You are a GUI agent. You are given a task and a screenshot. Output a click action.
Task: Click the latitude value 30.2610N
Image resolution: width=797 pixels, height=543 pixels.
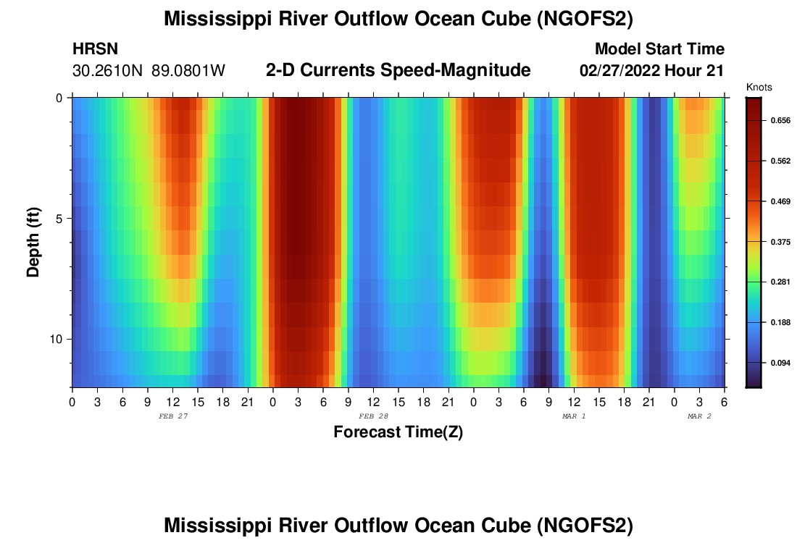109,71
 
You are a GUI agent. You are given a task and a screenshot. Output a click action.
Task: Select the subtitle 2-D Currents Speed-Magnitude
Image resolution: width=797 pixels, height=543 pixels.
398,70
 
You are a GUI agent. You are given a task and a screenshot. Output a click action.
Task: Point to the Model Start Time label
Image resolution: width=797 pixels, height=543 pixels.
659,49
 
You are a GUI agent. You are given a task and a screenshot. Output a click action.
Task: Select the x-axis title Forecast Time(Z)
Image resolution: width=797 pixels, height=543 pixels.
398,432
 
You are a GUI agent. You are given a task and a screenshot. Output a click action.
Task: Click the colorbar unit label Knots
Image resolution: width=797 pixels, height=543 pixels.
759,88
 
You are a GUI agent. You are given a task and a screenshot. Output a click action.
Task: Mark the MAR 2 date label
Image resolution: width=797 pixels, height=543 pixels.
699,416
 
